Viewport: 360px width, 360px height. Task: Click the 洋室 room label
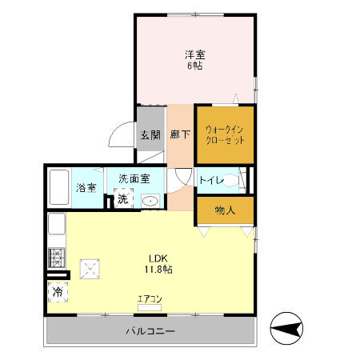pyautogui.click(x=194, y=54)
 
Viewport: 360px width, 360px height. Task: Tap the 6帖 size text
pyautogui.click(x=194, y=66)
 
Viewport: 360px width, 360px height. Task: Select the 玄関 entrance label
pyautogui.click(x=150, y=134)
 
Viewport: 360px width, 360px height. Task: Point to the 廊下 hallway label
pyautogui.click(x=180, y=134)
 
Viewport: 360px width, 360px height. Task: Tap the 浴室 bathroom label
pyautogui.click(x=86, y=188)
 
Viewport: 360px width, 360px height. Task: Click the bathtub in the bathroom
pyautogui.click(x=59, y=189)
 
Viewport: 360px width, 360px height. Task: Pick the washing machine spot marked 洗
pyautogui.click(x=122, y=198)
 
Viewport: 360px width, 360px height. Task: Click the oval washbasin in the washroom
pyautogui.click(x=150, y=201)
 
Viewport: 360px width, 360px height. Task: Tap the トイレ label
pyautogui.click(x=211, y=180)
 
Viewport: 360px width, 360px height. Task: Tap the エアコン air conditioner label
pyautogui.click(x=150, y=299)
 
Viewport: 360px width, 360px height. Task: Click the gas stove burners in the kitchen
pyautogui.click(x=58, y=258)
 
